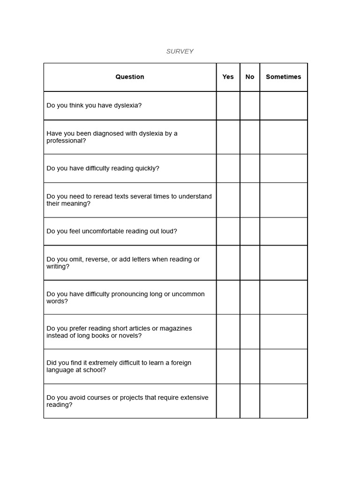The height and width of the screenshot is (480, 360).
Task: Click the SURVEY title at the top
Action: tap(180, 52)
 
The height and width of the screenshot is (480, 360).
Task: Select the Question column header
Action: tap(130, 77)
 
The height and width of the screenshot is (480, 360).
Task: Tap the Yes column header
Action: tap(228, 77)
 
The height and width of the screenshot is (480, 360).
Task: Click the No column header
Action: tap(250, 77)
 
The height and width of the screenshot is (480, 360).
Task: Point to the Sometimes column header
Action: tap(284, 77)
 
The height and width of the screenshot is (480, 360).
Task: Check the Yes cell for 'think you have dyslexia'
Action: tap(228, 105)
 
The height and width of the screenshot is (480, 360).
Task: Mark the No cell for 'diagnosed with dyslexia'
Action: tap(250, 137)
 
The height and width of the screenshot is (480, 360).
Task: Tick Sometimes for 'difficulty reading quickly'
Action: tap(284, 168)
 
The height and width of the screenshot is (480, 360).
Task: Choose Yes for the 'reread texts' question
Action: tap(228, 200)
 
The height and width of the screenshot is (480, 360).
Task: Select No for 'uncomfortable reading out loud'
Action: tap(250, 231)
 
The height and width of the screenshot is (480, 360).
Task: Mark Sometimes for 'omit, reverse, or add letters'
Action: tap(284, 262)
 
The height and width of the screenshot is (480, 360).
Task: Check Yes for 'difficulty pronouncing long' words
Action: tap(228, 297)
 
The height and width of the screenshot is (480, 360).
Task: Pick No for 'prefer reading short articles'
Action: tap(250, 331)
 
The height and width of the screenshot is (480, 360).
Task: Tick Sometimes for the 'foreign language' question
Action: tap(284, 366)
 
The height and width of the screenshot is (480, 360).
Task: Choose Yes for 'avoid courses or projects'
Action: tap(228, 401)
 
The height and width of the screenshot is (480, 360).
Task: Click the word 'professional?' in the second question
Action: tap(66, 141)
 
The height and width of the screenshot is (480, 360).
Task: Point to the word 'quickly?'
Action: tap(147, 168)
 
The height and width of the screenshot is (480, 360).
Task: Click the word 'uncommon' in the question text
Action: tap(188, 294)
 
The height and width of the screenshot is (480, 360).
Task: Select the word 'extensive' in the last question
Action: tap(191, 397)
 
